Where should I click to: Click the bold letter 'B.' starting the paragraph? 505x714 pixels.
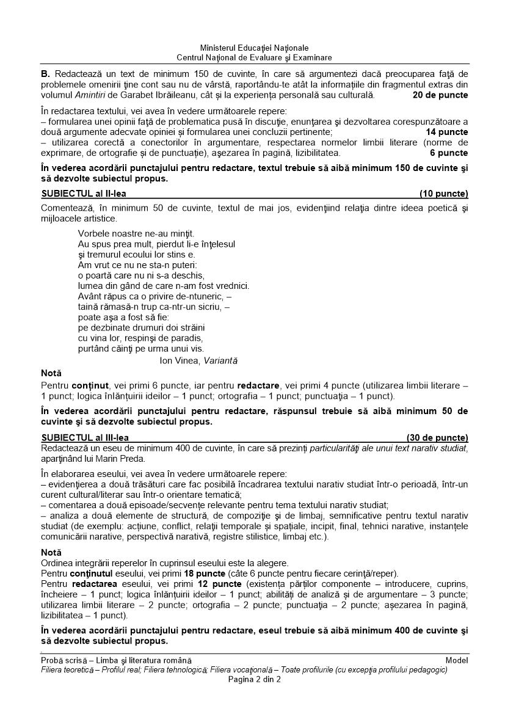point(45,74)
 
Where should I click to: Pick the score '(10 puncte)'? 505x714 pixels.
point(444,194)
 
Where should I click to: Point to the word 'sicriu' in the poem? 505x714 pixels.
point(211,307)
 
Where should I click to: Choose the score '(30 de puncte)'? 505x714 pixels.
point(437,438)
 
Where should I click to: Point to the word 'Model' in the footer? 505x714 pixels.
point(457,660)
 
